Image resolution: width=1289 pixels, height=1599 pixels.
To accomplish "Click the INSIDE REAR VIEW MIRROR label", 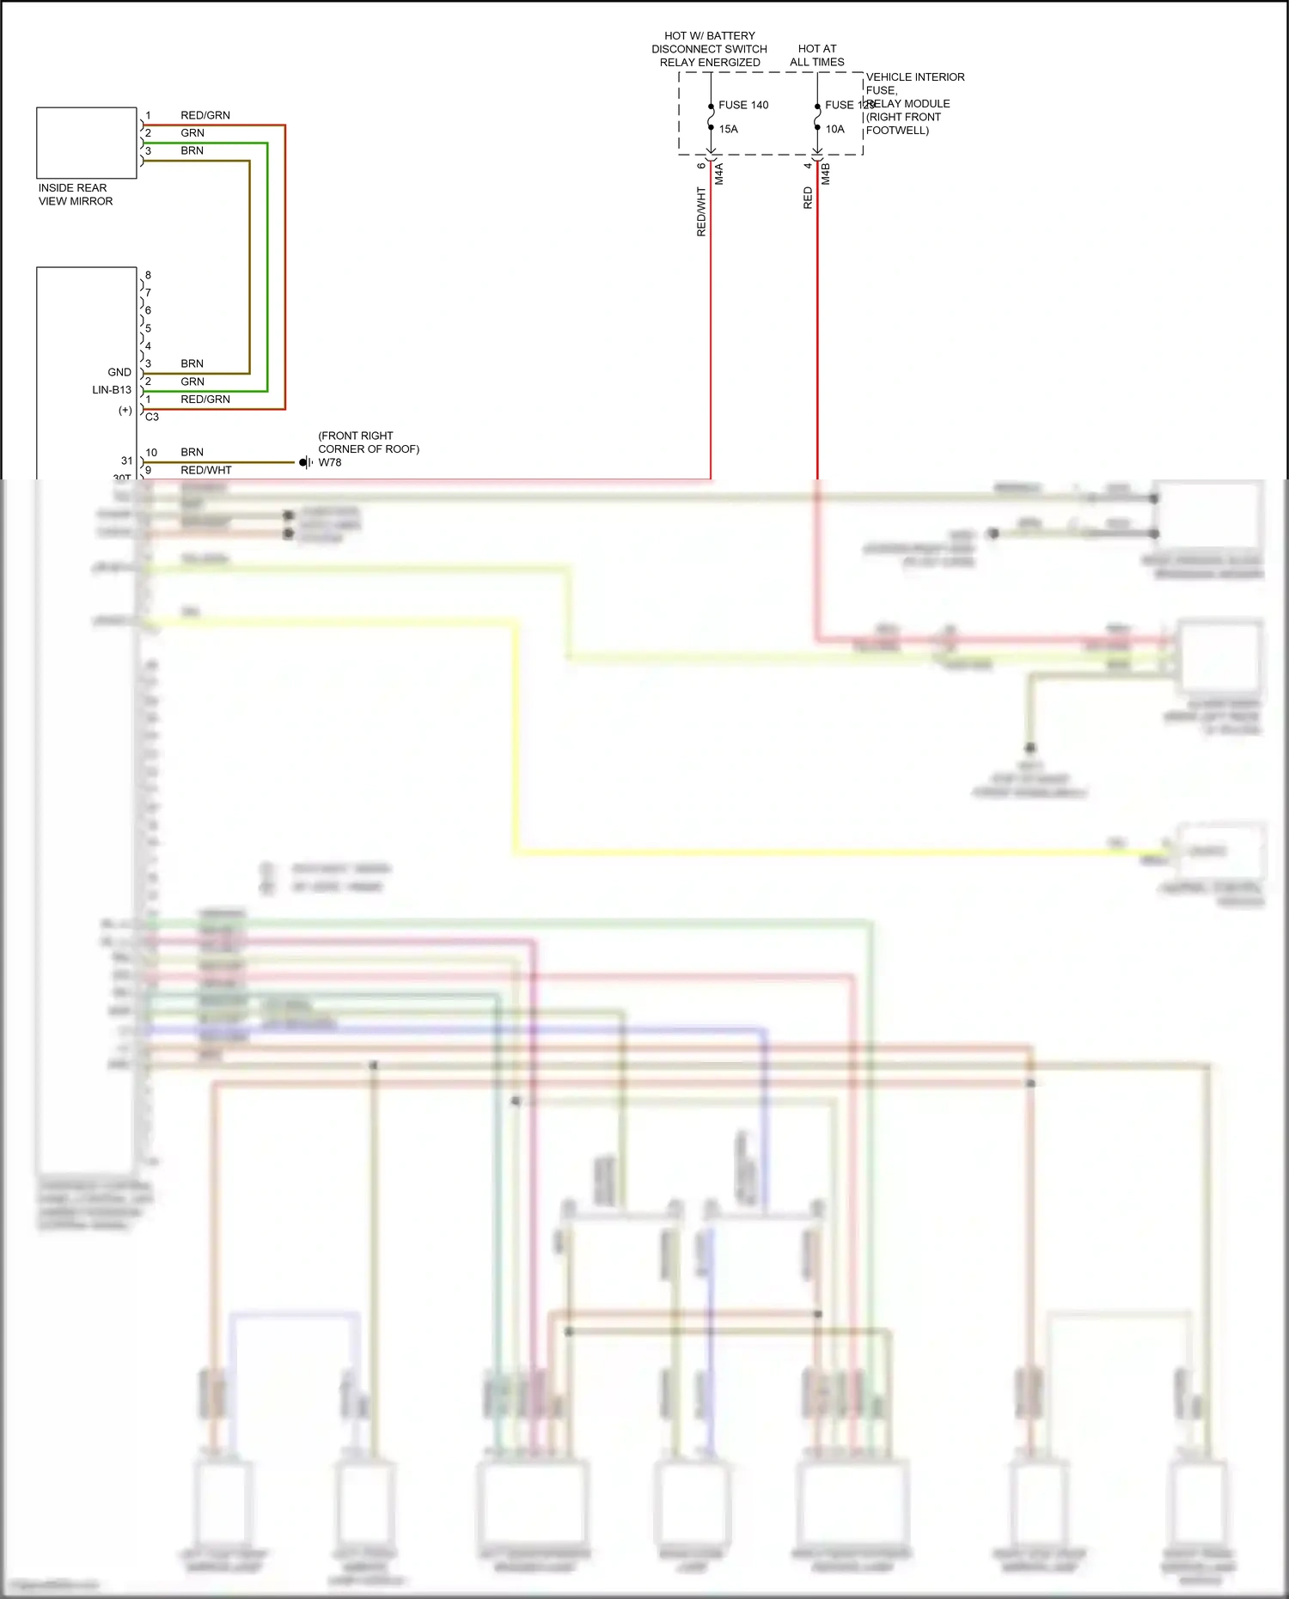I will tap(75, 194).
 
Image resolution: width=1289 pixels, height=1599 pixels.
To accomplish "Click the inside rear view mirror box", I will tap(86, 143).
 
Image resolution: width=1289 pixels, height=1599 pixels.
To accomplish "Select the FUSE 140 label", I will tap(743, 105).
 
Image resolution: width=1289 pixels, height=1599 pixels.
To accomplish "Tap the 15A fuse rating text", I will tap(728, 129).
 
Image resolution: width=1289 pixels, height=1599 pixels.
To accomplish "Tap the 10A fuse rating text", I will tap(834, 129).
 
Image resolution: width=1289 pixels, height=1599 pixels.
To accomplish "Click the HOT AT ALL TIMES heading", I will tap(816, 55).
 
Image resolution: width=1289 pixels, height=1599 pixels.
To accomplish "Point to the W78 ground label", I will tap(329, 462).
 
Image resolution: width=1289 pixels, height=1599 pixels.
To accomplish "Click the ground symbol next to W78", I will tap(305, 462).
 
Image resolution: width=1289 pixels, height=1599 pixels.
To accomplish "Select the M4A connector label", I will tap(719, 174).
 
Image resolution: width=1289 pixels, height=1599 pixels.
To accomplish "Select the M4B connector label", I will tap(826, 174).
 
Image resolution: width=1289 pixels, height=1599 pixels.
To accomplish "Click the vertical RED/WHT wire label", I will tap(701, 211).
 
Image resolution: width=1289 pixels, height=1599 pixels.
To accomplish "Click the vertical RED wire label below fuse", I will tap(808, 198).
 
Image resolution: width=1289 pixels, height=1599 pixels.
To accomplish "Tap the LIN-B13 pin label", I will tap(112, 389).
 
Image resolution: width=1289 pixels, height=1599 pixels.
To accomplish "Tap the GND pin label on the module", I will tap(119, 372).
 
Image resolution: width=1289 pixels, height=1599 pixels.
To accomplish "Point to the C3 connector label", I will tap(152, 417).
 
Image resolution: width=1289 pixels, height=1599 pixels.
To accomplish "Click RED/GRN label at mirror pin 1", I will tap(205, 115).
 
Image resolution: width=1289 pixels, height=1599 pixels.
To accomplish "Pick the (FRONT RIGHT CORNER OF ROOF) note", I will tap(368, 442).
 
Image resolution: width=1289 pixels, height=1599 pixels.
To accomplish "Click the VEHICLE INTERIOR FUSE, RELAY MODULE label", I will tap(914, 103).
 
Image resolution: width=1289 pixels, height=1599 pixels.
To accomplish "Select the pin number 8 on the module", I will tap(148, 275).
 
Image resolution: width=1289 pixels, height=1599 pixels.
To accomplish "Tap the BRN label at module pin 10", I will tap(192, 452).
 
